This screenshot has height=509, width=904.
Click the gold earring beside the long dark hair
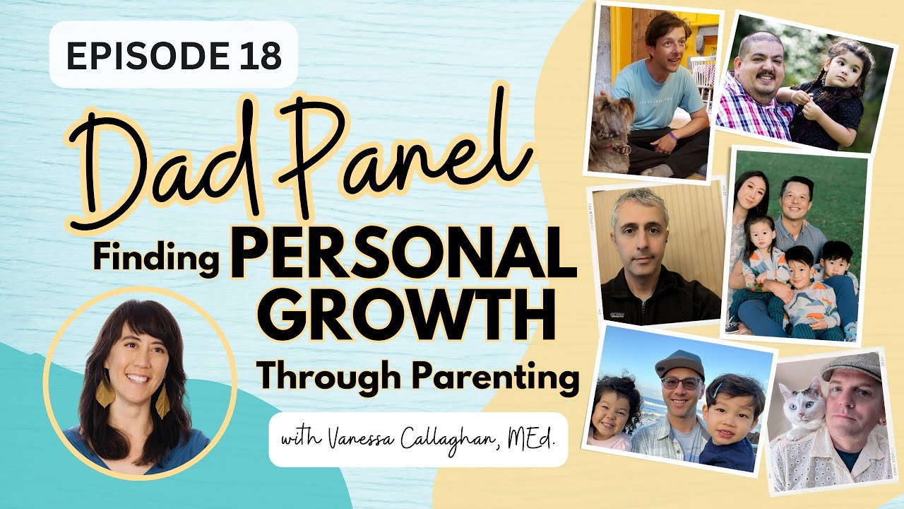tap(105, 393)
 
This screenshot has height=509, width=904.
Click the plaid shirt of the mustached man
tap(753, 112)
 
